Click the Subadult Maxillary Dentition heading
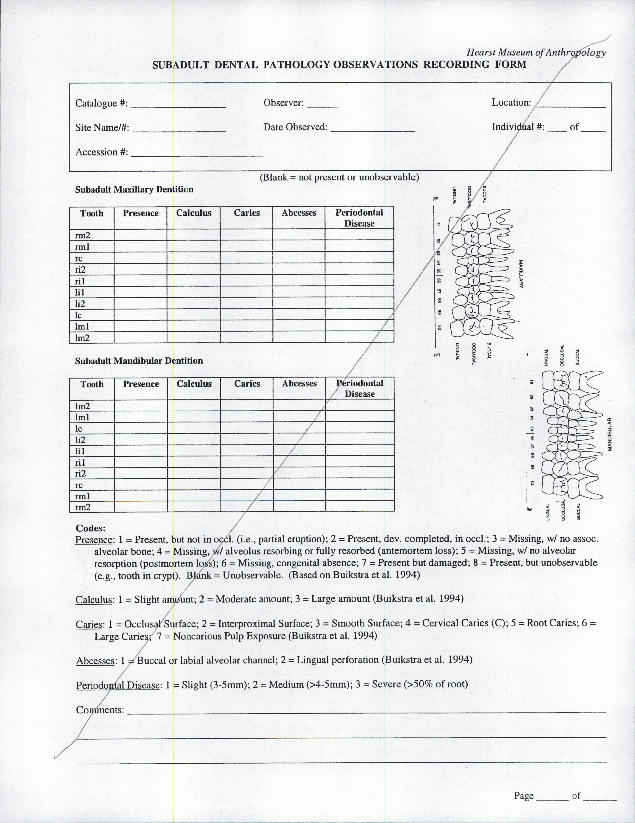point(134,189)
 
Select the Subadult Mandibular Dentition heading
point(139,361)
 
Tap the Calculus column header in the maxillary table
point(194,213)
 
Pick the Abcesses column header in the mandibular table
point(299,384)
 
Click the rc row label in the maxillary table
point(79,258)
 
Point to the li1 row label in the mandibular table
point(80,451)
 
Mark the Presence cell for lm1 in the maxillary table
point(141,326)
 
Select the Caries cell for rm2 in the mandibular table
point(247,507)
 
